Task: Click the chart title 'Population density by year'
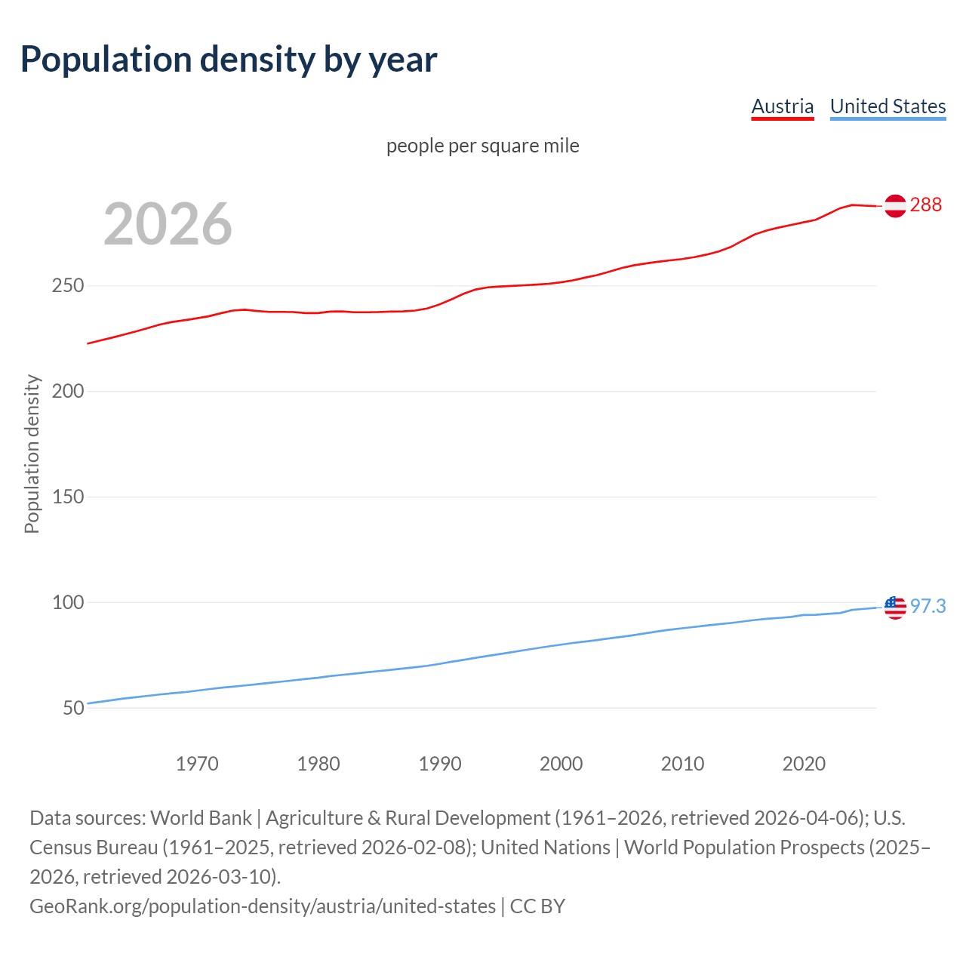(x=229, y=60)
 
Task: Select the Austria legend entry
(x=783, y=106)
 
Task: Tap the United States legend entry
(x=888, y=106)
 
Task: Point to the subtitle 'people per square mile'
(x=482, y=146)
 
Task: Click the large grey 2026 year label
(x=168, y=223)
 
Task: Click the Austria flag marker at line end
(x=895, y=206)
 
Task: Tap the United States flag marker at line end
(x=895, y=607)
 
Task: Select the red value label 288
(x=925, y=205)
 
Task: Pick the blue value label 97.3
(x=928, y=606)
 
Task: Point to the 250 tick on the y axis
(x=68, y=286)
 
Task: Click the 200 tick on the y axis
(x=68, y=392)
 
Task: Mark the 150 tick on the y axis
(x=68, y=497)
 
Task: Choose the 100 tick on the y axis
(x=68, y=602)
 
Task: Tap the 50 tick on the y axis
(x=73, y=708)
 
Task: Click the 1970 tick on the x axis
(x=197, y=764)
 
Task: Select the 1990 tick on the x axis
(x=440, y=764)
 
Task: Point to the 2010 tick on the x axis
(x=682, y=764)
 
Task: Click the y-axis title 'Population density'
(x=32, y=454)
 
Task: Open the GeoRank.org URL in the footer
(x=263, y=906)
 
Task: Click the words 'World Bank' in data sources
(x=201, y=818)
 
